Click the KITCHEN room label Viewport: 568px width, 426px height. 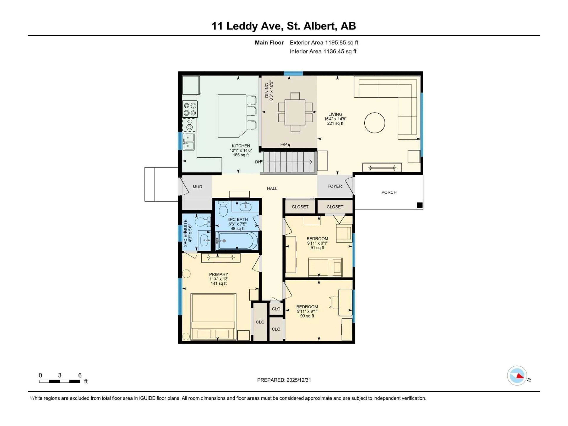(x=241, y=146)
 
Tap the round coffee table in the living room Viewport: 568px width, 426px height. (x=374, y=123)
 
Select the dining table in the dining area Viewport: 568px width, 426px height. (x=295, y=112)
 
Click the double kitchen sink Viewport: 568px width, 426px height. (x=189, y=142)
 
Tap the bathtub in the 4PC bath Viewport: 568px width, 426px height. (x=237, y=241)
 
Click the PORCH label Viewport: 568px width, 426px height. (x=389, y=192)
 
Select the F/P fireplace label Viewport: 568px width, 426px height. (x=284, y=145)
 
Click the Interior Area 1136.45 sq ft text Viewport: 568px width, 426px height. (x=323, y=51)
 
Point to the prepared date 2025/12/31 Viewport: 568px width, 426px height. (x=284, y=380)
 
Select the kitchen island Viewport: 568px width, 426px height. (x=232, y=116)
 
